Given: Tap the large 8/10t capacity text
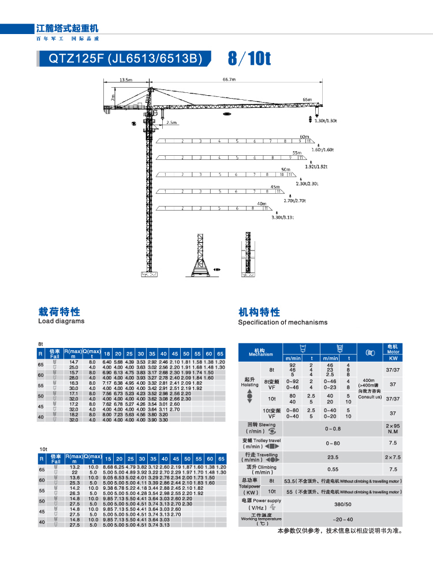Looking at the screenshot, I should click(x=249, y=58).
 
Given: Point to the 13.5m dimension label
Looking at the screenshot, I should click(x=125, y=80).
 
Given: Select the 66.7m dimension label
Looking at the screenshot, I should click(x=230, y=80).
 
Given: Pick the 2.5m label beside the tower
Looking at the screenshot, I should click(x=171, y=122).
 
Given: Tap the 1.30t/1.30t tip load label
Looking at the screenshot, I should click(x=326, y=121).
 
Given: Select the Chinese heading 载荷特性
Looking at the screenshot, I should click(x=59, y=312).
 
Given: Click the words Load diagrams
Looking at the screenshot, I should click(x=61, y=321).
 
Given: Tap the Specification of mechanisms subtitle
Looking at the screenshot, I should click(x=282, y=322).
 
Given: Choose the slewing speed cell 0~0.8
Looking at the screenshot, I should click(x=333, y=429).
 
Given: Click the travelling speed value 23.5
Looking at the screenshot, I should click(x=333, y=456).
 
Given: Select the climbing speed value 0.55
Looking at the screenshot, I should click(x=333, y=469).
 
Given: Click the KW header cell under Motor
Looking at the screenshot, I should click(x=393, y=358).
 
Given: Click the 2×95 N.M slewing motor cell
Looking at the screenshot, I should click(x=393, y=429).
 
